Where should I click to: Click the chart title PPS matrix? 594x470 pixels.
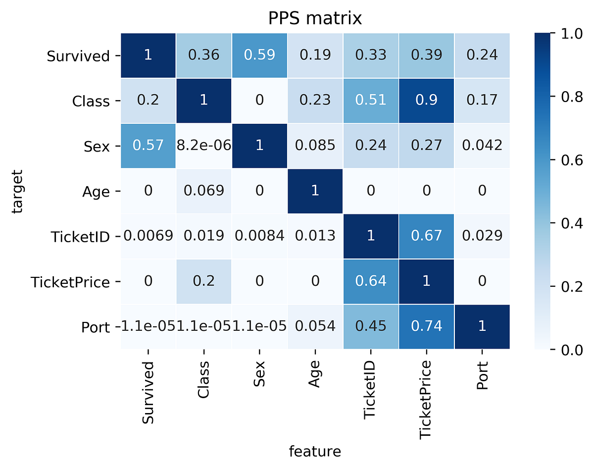pyautogui.click(x=315, y=18)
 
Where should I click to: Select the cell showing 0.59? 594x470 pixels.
pyautogui.click(x=260, y=55)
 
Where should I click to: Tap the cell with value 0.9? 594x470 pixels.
pyautogui.click(x=426, y=101)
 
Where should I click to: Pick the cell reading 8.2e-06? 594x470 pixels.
pyautogui.click(x=204, y=146)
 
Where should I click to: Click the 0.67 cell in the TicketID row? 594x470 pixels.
pyautogui.click(x=426, y=236)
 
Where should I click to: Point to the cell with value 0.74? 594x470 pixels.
pyautogui.click(x=426, y=326)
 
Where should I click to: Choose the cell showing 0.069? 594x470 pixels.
pyautogui.click(x=204, y=191)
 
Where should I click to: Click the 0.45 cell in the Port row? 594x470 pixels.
pyautogui.click(x=371, y=326)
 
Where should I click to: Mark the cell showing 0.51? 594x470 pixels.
pyautogui.click(x=371, y=101)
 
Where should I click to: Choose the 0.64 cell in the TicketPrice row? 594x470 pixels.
pyautogui.click(x=371, y=281)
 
